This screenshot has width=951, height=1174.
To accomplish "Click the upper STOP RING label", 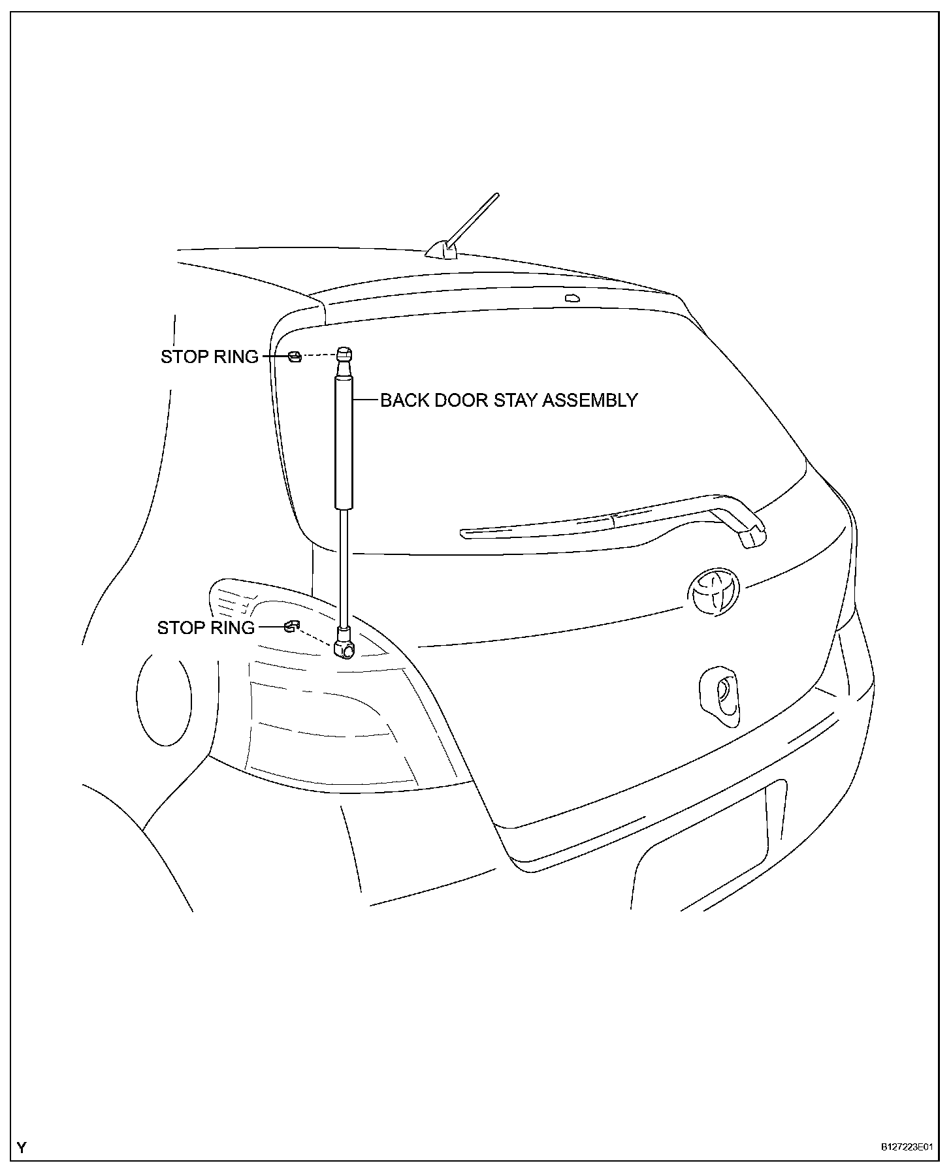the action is tap(210, 357).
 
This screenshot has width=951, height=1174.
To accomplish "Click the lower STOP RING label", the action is tap(206, 627).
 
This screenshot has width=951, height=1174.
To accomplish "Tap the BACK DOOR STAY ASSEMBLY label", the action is tap(509, 400).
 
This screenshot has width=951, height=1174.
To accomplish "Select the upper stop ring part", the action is tap(295, 356).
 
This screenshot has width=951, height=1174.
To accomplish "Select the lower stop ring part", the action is tap(291, 627).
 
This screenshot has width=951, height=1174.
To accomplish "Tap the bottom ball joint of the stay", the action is tap(345, 648).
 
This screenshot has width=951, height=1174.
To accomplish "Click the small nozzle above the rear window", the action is tap(572, 298).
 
